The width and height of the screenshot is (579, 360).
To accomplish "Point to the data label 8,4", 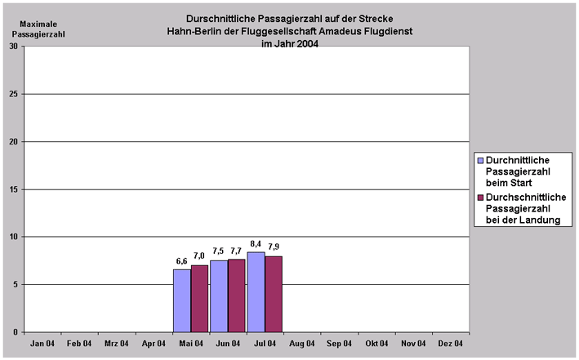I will click(256, 243).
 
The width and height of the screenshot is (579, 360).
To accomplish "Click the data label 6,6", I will click(181, 260).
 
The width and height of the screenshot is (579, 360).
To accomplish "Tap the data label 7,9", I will click(274, 247).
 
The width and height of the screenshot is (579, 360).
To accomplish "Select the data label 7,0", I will click(199, 256).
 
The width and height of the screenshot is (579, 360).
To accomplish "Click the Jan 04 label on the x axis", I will click(43, 344).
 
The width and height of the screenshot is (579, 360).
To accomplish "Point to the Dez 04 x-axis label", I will click(451, 344).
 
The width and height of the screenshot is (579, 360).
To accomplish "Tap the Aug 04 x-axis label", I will click(302, 344).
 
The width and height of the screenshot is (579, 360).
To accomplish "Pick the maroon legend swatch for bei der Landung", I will click(480, 198).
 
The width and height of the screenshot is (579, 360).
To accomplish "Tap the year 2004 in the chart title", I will click(305, 44).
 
